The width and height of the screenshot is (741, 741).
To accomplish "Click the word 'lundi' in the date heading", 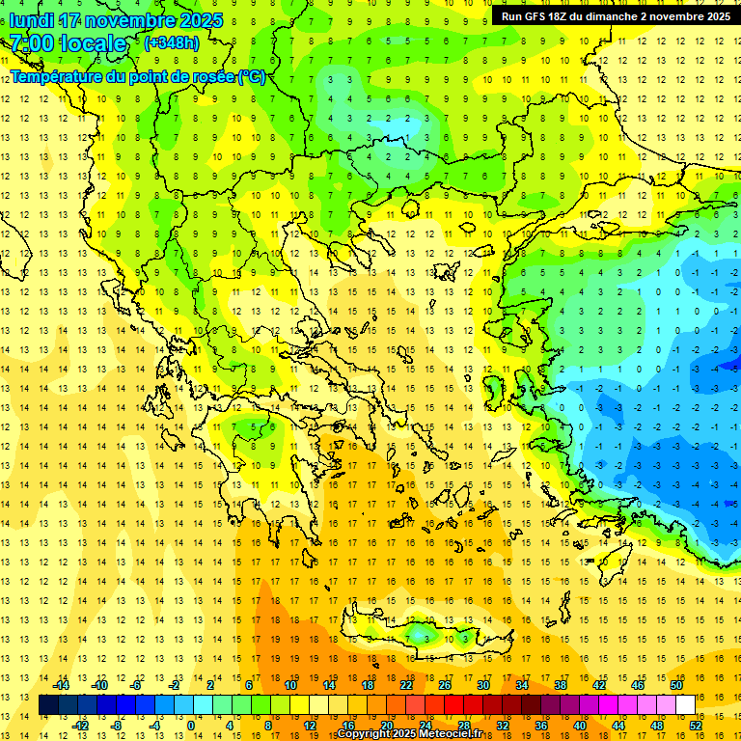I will pos(32,20).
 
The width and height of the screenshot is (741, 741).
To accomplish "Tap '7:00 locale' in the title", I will pos(68,43).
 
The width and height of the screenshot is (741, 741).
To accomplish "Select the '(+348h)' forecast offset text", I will pos(172,43).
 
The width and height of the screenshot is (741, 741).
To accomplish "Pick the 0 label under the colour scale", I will pos(191,726).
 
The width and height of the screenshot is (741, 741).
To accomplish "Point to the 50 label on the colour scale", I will pos(676,686).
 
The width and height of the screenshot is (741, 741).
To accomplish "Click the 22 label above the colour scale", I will pos(406,686).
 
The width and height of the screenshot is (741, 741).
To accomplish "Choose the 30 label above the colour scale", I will pos(483,686).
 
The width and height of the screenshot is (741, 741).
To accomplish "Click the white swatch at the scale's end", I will pos(685,705).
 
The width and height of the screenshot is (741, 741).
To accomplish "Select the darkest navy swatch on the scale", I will pos(48,705).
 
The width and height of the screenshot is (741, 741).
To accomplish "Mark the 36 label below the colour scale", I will pos(542,726).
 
